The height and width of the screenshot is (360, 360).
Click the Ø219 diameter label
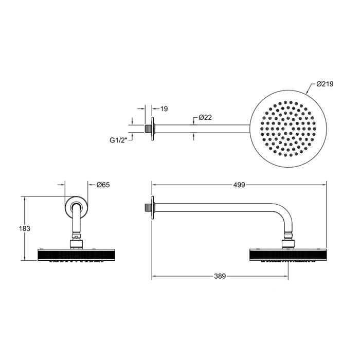click(326, 83)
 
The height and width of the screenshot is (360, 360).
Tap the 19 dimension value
click(164, 109)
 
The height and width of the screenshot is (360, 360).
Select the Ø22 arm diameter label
click(205, 118)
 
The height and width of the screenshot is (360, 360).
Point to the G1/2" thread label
click(118, 139)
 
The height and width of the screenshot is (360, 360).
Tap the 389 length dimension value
click(220, 276)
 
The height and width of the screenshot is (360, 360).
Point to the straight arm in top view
click(201, 127)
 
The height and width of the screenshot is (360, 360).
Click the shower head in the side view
click(288, 255)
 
